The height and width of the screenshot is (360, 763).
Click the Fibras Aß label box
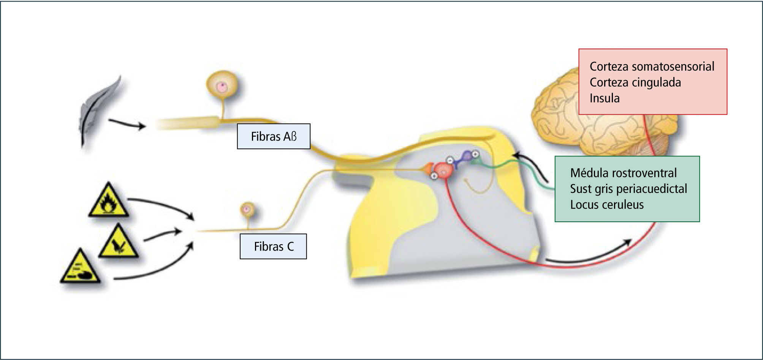(x=274, y=136)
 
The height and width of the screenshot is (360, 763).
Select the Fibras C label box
(x=273, y=247)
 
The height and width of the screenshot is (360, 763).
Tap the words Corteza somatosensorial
(x=652, y=67)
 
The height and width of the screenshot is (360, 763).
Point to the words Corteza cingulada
(x=635, y=82)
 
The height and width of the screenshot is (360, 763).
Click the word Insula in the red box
(x=605, y=98)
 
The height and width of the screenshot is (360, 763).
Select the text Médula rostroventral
(x=623, y=173)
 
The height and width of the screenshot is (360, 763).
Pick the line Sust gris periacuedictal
(x=628, y=189)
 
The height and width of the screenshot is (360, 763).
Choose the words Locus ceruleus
(x=607, y=205)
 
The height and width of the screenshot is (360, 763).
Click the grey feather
(x=100, y=110)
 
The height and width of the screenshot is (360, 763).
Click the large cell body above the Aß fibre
(x=223, y=86)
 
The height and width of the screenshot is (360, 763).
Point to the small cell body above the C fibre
(x=247, y=209)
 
